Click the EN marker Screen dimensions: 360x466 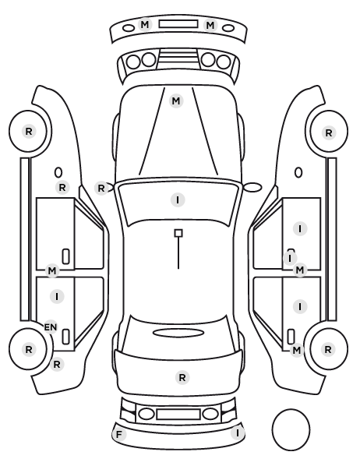point(51,327)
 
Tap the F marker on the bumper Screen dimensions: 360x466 point(119,435)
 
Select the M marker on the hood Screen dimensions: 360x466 point(175,101)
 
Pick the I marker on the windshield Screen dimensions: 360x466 point(178,200)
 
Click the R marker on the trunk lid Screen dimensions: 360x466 point(182,378)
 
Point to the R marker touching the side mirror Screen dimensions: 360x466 point(101,188)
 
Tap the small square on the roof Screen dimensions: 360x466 point(178,233)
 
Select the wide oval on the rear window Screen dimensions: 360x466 point(178,333)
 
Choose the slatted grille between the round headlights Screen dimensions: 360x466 point(178,58)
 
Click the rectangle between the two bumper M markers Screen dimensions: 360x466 point(178,24)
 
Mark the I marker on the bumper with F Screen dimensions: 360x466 point(238,433)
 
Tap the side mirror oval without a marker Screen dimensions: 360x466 point(252,187)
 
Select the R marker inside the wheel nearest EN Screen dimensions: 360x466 point(29,349)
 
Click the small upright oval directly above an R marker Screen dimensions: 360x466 point(58,173)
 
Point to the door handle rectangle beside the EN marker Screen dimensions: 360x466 point(66,337)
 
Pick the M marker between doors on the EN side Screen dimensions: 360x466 point(52,270)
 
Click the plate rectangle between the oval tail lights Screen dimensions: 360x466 point(178,414)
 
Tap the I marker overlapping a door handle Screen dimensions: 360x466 point(290,258)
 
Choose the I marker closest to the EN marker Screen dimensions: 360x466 point(57,296)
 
